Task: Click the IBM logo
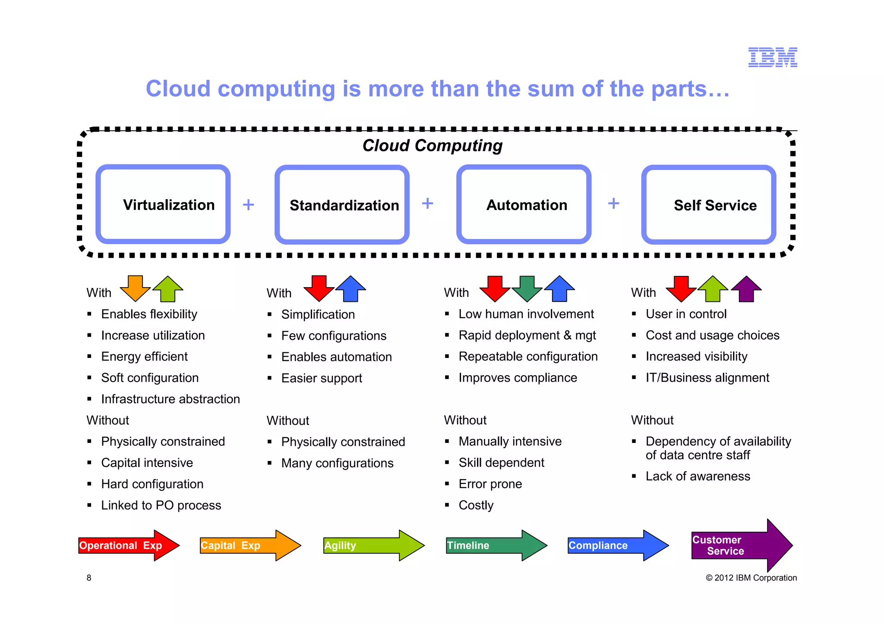coord(772,57)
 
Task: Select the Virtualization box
coord(163,204)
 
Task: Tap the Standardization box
coord(342,205)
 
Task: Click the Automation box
coord(524,204)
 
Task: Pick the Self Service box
coord(709,205)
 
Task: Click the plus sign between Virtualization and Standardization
coord(248,204)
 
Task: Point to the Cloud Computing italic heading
coord(432,146)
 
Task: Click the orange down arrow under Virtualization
coord(135,288)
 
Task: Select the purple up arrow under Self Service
coord(746,288)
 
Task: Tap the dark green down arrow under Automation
coord(527,288)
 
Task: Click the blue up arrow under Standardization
coord(350,288)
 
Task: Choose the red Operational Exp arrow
coord(129,546)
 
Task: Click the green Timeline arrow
coord(496,546)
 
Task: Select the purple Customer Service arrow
coord(742,546)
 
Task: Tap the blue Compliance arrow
coord(618,546)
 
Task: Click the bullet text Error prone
coord(490,484)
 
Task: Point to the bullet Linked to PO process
coord(161,505)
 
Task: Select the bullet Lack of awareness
coord(698,476)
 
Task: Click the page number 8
coord(89,578)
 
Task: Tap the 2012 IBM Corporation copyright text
coord(751,578)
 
